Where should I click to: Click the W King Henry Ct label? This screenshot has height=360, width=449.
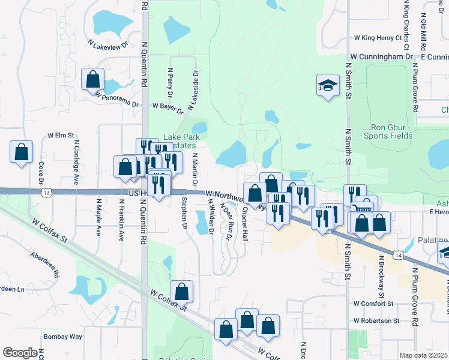click(x=377, y=38)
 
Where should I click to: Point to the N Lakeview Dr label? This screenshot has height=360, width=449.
click(x=109, y=44)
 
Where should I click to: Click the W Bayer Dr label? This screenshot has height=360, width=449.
click(x=167, y=106)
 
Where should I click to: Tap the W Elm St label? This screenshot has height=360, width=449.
click(x=60, y=136)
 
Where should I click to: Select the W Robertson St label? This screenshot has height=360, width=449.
click(x=376, y=321)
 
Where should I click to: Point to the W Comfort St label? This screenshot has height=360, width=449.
click(x=373, y=304)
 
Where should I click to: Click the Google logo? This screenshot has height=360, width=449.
click(x=19, y=353)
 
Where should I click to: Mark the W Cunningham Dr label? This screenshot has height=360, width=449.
click(x=382, y=56)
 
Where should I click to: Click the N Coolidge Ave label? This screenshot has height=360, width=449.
click(x=76, y=162)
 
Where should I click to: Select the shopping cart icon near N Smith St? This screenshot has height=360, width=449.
click(x=364, y=207)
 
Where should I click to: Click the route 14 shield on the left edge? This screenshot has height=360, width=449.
click(x=46, y=193)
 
